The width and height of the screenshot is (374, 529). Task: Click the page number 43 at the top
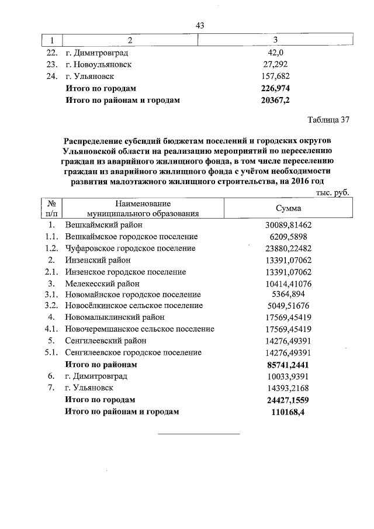(200, 25)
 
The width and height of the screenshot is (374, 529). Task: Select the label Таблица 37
(328, 120)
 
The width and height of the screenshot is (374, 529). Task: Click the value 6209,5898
(288, 236)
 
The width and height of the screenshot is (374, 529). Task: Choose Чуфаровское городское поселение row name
(130, 248)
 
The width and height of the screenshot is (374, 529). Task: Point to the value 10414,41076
(288, 283)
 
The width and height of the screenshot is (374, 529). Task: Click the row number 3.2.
(51, 306)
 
